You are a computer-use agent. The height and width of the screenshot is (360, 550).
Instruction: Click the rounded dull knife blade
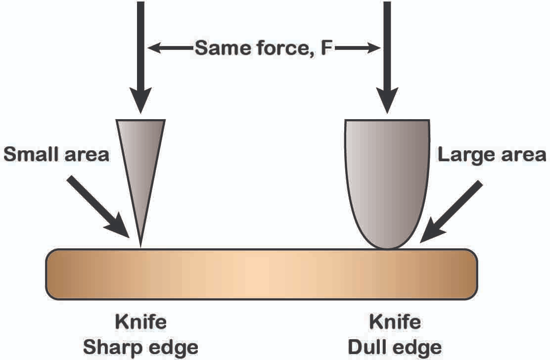tap(387, 182)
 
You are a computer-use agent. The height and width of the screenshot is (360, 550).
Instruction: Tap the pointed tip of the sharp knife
tap(140, 247)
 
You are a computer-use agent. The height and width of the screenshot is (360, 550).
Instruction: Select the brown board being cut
tap(262, 274)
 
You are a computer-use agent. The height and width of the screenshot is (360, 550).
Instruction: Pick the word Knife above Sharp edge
tap(140, 322)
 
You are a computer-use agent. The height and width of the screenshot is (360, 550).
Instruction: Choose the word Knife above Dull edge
tap(395, 322)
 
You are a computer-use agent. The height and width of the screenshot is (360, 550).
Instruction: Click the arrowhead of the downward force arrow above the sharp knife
tap(140, 100)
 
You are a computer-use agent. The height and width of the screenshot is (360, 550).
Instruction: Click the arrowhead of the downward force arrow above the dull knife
tap(387, 100)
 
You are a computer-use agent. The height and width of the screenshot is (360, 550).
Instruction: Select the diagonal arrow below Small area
tap(98, 207)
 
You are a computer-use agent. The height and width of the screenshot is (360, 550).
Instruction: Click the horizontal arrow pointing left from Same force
tap(171, 47)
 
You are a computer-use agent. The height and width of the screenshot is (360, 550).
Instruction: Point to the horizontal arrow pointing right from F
tap(357, 47)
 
